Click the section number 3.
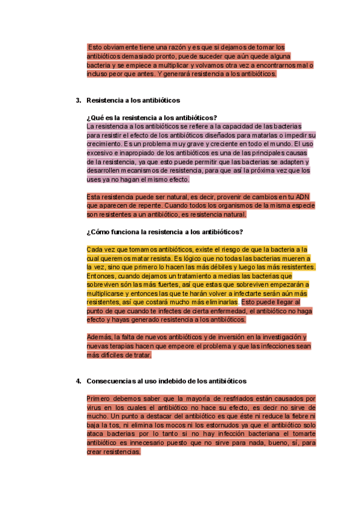(78, 100)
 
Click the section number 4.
(78, 381)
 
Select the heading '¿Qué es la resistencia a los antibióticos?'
(152, 118)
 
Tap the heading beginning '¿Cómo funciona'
(164, 232)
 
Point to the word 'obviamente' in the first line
(119, 47)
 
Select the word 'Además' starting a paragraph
(100, 337)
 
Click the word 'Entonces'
(103, 276)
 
